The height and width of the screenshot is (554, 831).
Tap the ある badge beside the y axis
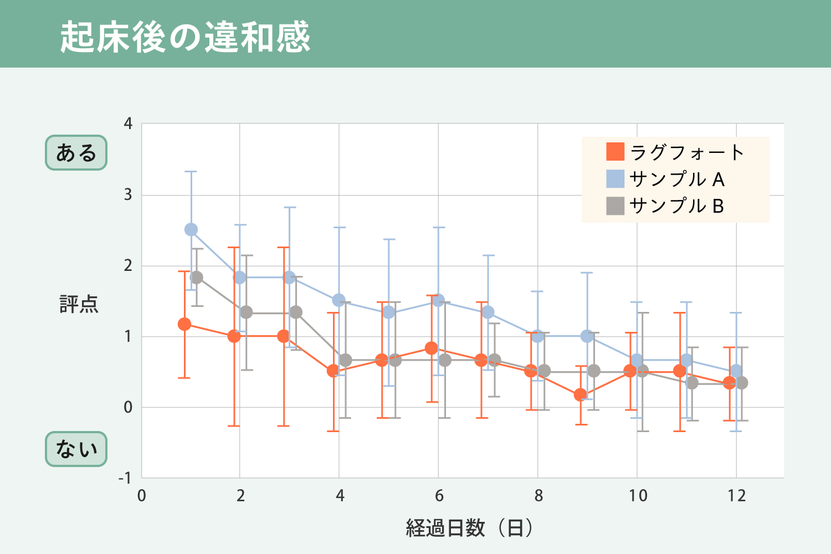point(76,152)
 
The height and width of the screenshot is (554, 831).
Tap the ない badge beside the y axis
point(76,449)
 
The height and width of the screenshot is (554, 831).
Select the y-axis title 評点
point(79,304)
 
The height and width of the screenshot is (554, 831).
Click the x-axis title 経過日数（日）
point(470,528)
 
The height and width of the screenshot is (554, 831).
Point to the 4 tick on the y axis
point(128,123)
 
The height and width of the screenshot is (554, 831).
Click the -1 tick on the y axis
point(125,478)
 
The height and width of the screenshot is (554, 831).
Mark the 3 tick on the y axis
point(128,194)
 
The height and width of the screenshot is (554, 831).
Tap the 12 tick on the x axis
point(736,496)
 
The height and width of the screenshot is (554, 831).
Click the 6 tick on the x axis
point(439,496)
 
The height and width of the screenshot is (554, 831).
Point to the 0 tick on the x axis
point(142,496)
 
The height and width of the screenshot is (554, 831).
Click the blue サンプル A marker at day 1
point(191,229)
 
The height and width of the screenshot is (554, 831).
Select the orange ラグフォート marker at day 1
point(184,324)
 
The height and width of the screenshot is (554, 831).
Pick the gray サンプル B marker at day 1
point(197,277)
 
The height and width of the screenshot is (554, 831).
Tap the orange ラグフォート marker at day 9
point(581,395)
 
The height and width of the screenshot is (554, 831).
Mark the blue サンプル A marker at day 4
point(339,300)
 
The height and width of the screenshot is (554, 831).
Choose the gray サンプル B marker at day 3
point(296,312)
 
